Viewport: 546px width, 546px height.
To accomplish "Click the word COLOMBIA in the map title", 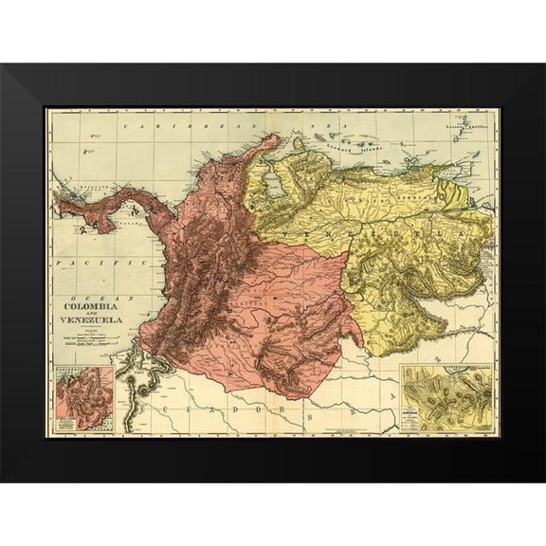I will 92,306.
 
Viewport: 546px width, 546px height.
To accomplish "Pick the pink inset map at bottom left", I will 83,397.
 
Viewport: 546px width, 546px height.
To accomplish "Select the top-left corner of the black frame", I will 3,65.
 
